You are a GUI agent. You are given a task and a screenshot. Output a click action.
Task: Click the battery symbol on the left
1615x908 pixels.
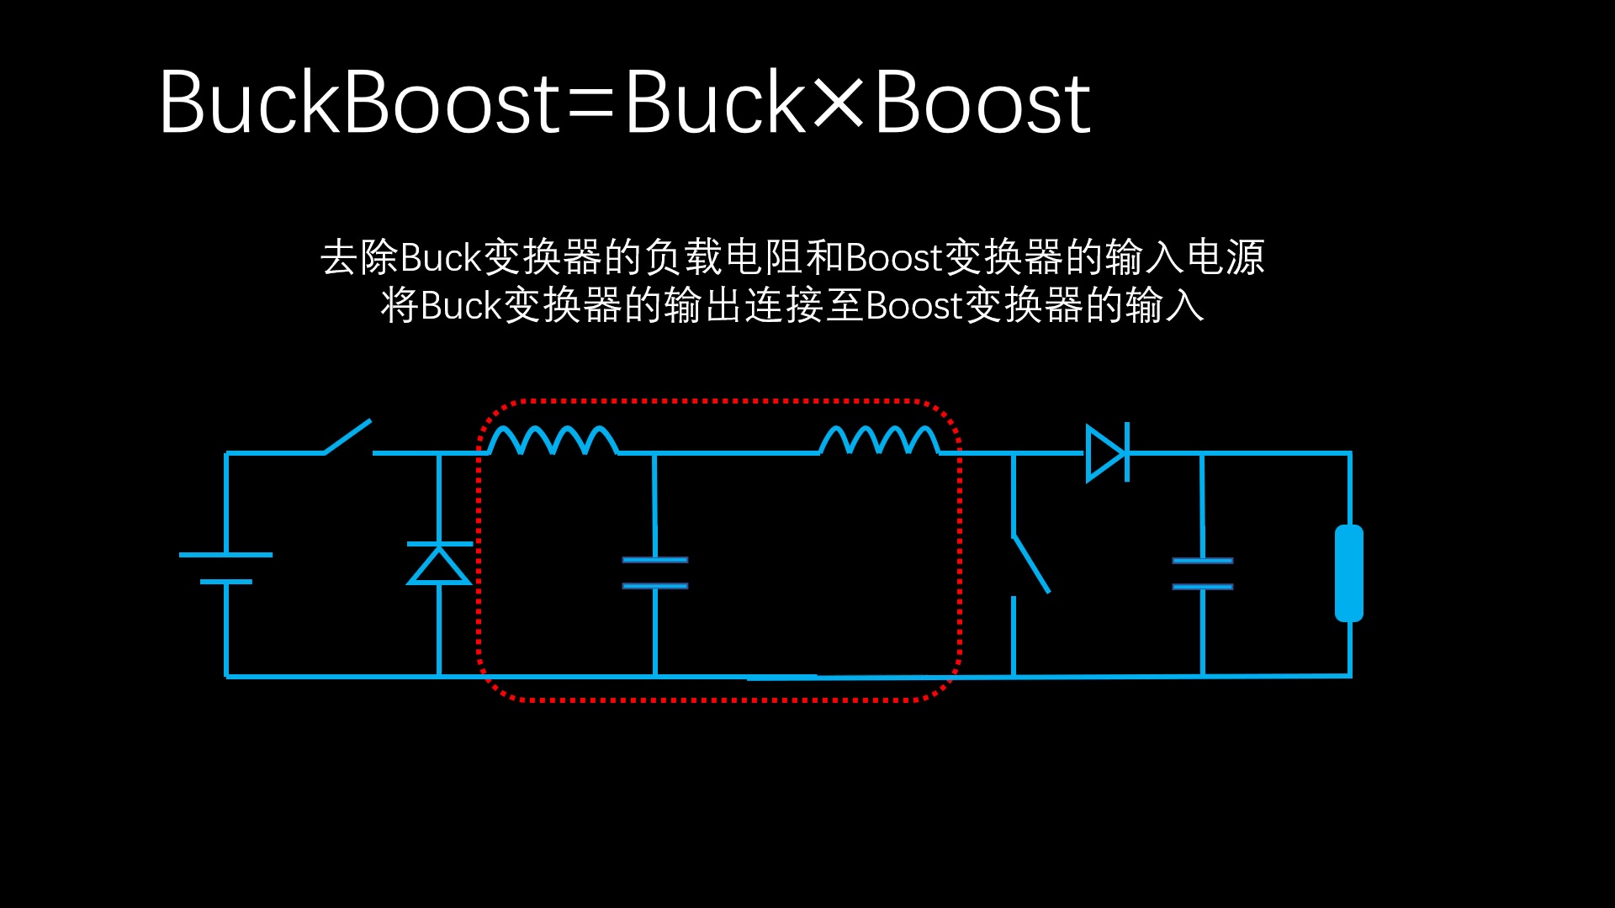(x=225, y=567)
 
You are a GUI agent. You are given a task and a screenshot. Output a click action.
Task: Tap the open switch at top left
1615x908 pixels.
(x=348, y=437)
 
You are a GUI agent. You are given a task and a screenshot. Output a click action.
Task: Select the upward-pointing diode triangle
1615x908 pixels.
(x=438, y=564)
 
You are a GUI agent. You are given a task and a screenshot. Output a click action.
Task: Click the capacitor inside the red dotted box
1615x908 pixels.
(x=655, y=573)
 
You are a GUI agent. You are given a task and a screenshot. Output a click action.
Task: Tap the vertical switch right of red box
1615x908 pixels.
(x=1030, y=563)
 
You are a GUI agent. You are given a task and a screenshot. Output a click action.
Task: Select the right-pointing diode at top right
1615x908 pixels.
(x=1107, y=452)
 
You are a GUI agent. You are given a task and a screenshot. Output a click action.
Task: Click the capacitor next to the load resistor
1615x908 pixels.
(x=1203, y=573)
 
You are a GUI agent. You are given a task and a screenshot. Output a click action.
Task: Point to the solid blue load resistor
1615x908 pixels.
(x=1349, y=573)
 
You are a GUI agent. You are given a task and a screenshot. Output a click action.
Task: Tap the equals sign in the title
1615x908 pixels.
(x=590, y=105)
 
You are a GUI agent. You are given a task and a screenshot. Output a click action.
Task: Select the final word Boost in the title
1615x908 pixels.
(x=982, y=103)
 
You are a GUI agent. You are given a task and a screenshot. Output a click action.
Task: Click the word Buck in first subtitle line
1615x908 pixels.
(x=440, y=257)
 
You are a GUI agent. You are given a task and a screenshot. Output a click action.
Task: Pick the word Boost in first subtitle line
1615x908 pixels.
(x=893, y=257)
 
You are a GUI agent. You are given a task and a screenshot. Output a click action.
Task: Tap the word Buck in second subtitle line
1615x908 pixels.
(x=460, y=305)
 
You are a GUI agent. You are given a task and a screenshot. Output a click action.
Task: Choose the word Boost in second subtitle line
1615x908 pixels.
(x=913, y=305)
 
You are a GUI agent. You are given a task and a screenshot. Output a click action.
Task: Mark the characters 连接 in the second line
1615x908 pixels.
(x=784, y=305)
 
